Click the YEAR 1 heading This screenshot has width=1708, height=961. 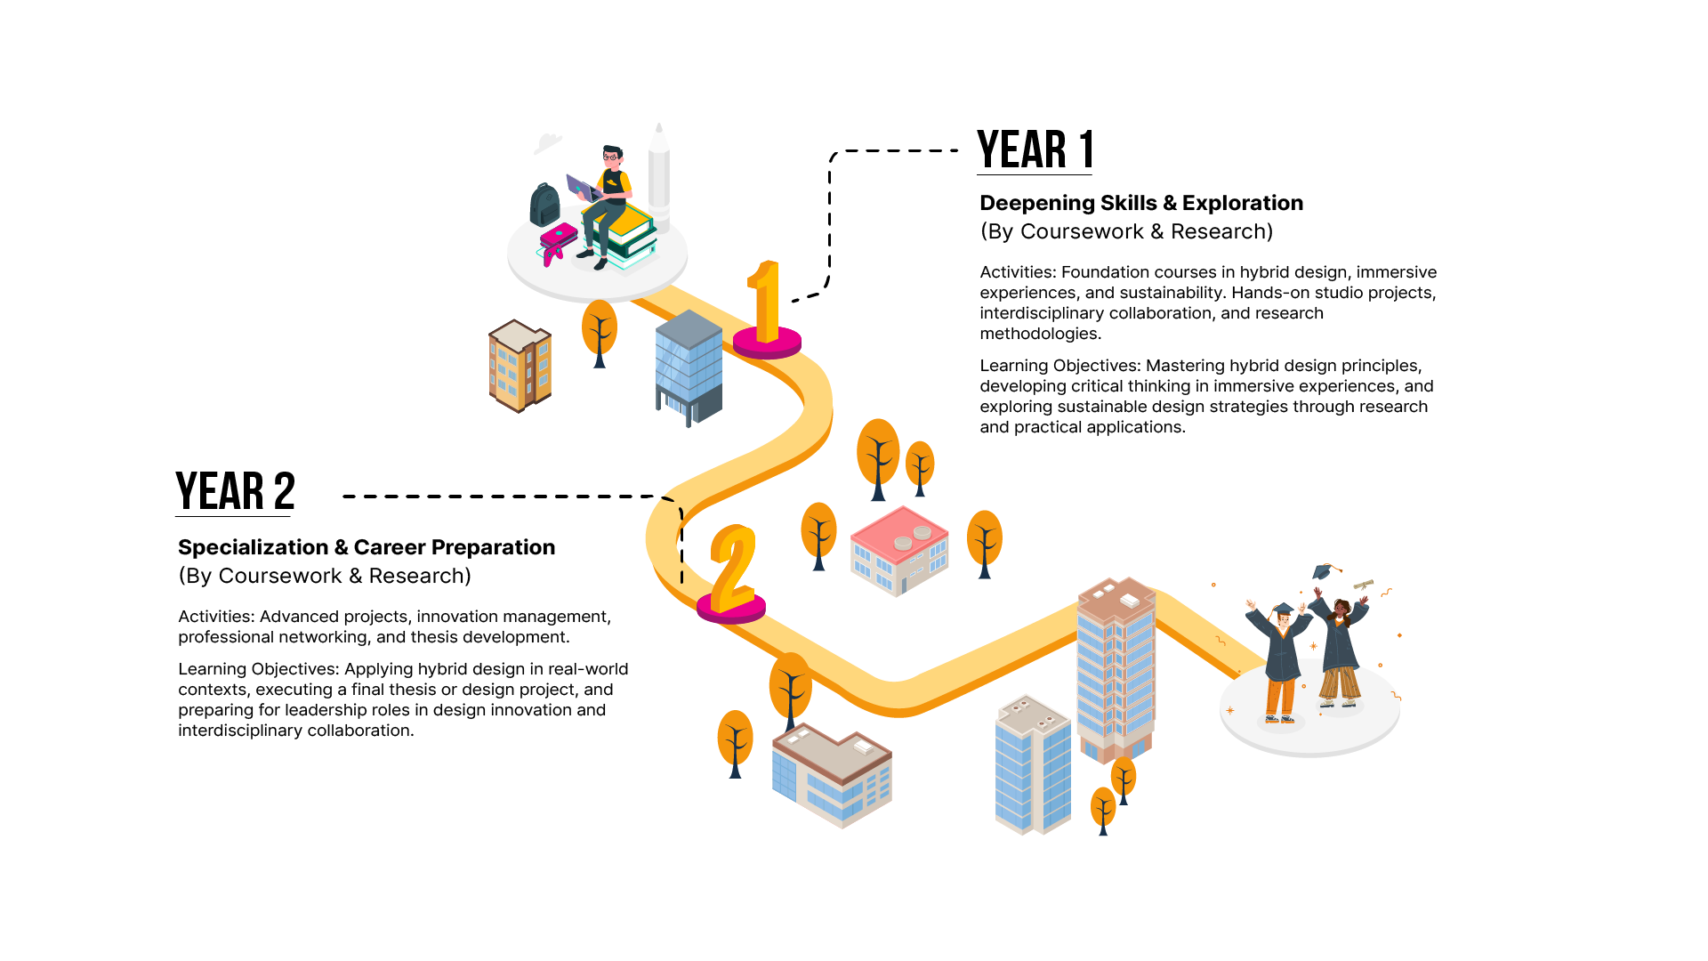1035,149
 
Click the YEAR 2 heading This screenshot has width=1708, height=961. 235,491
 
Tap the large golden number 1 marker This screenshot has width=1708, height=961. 765,303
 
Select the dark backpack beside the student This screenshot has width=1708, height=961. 544,205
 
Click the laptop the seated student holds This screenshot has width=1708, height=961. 582,188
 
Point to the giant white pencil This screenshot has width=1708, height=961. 658,174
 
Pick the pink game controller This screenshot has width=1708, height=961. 558,241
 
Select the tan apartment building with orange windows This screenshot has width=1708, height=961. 520,365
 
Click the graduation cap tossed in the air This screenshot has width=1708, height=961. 1325,570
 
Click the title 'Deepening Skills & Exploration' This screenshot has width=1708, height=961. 1140,204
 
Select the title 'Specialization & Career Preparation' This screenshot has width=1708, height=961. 367,547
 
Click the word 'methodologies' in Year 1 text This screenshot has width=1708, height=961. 1039,334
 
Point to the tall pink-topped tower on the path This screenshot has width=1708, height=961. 1116,667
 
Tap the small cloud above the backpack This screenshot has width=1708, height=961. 548,141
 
